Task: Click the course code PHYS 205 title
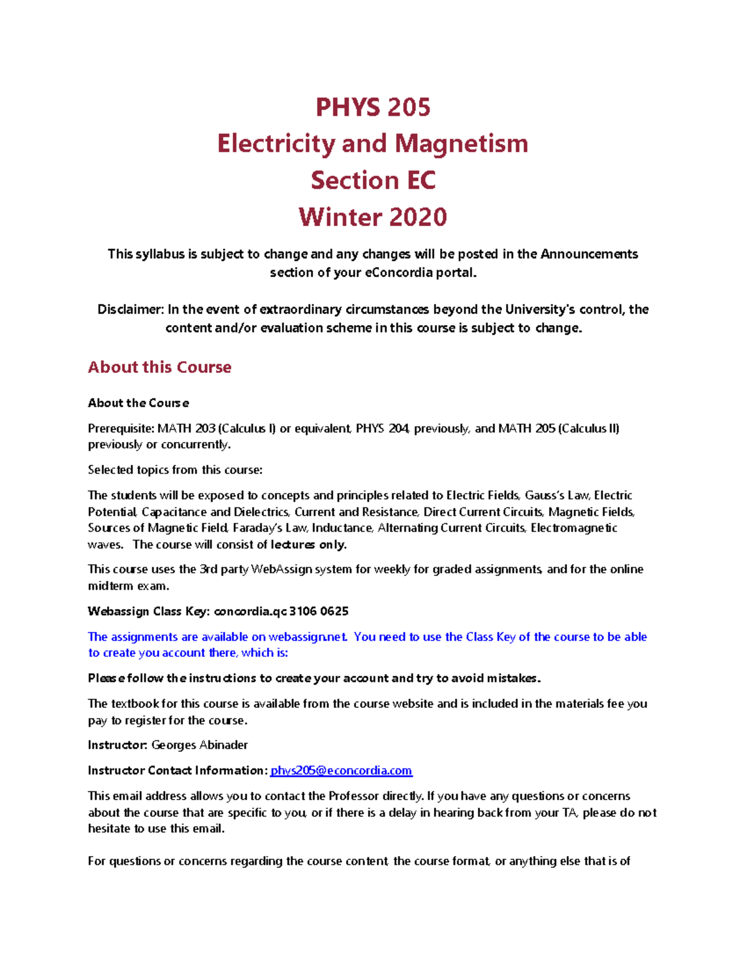coord(373,107)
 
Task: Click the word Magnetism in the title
coord(461,144)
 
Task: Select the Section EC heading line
coord(373,181)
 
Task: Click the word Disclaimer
coord(130,309)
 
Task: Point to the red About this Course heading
coord(159,367)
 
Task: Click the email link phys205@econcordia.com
coord(341,771)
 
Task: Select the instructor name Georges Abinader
coord(199,745)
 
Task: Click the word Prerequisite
coord(120,428)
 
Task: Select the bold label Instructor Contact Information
coord(177,771)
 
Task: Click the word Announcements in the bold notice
coord(588,254)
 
